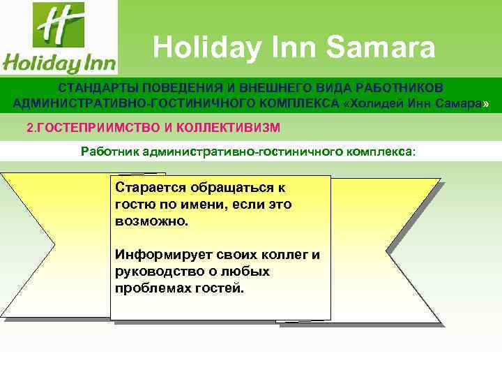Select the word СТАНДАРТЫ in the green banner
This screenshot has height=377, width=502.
tap(98, 89)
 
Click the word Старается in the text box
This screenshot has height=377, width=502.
tap(149, 188)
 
